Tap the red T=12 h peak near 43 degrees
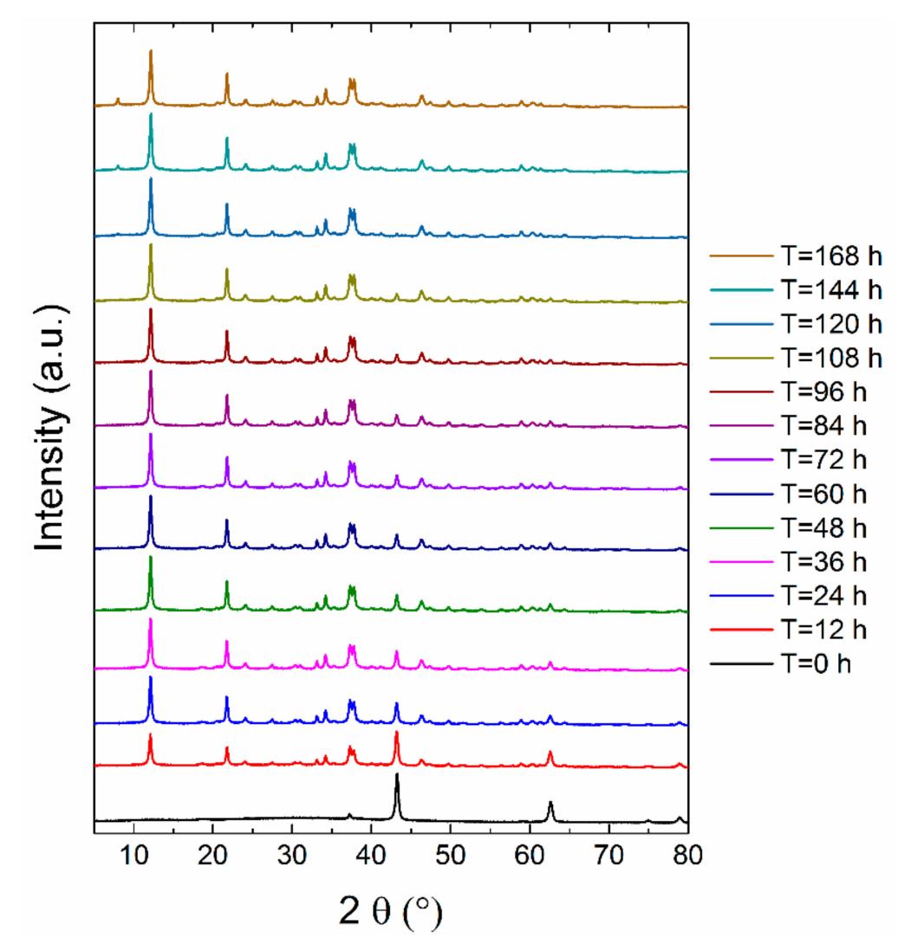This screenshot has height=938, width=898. [x=396, y=733]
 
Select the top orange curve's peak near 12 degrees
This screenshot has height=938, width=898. [x=151, y=51]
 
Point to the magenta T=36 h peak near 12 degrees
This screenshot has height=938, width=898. [x=151, y=619]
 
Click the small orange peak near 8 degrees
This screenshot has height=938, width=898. [x=118, y=100]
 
